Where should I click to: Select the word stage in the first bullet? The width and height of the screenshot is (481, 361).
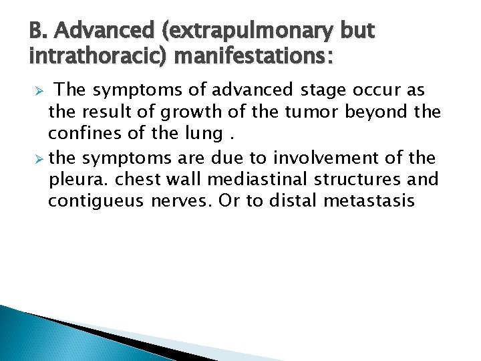click(321, 90)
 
